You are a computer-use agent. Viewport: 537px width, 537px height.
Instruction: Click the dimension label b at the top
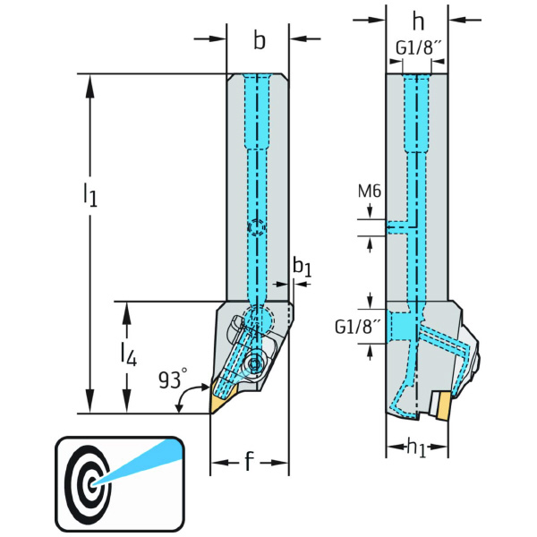(x=259, y=40)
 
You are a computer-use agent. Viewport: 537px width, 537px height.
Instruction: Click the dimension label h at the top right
(x=417, y=21)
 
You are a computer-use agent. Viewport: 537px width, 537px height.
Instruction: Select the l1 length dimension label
(x=89, y=193)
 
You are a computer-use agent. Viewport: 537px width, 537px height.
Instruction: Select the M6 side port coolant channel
(x=398, y=227)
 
